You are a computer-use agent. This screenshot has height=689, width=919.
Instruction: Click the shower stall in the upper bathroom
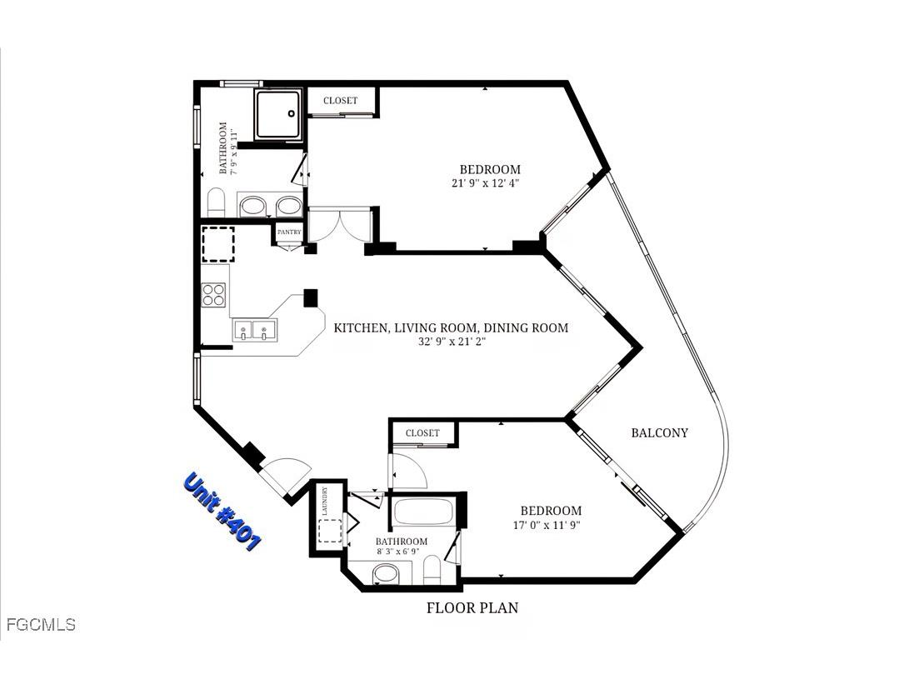pyautogui.click(x=277, y=114)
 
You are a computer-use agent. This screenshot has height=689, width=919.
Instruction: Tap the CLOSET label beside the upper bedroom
pyautogui.click(x=340, y=101)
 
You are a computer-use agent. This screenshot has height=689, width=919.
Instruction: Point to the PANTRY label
pyautogui.click(x=289, y=232)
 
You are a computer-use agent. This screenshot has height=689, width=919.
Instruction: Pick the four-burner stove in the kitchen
pyautogui.click(x=213, y=296)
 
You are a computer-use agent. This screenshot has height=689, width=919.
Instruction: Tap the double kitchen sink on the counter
pyautogui.click(x=253, y=332)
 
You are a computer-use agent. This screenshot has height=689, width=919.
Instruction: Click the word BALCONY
pyautogui.click(x=659, y=432)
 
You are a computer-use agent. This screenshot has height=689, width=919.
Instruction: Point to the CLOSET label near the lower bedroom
pyautogui.click(x=422, y=433)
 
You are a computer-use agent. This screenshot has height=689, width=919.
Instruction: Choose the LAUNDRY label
pyautogui.click(x=326, y=502)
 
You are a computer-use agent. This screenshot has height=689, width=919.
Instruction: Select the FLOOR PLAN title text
pyautogui.click(x=472, y=608)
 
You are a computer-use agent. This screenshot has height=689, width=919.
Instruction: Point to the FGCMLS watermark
pyautogui.click(x=40, y=624)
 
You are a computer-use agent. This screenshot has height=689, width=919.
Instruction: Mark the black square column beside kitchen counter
pyautogui.click(x=312, y=297)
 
